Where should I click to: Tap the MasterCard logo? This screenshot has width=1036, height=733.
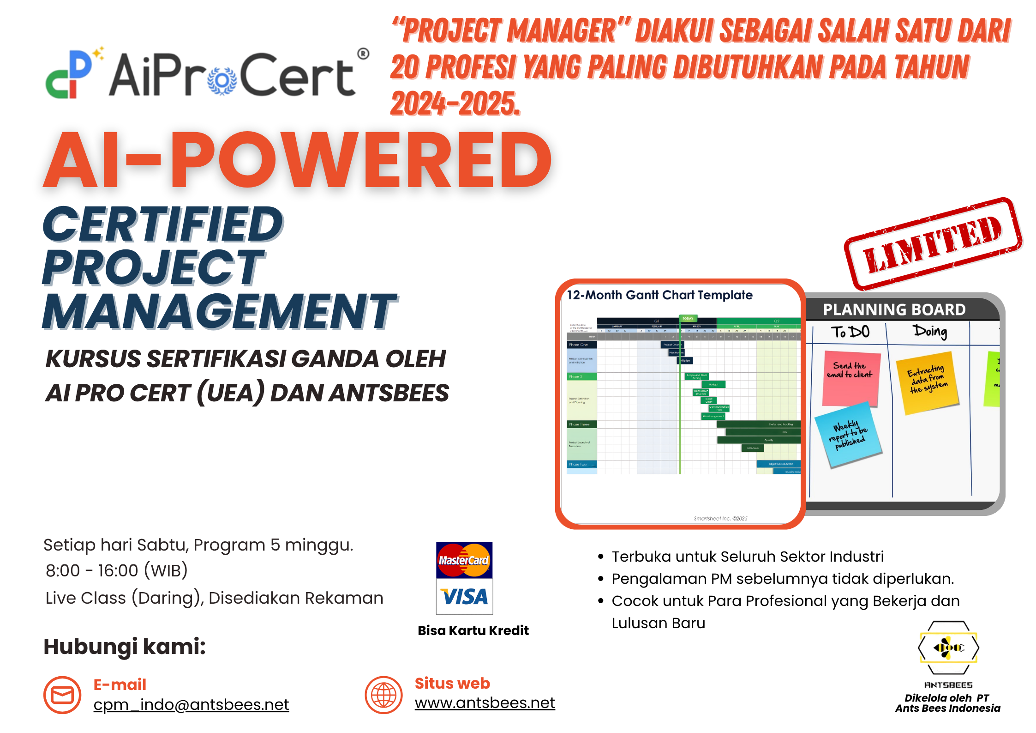point(464,560)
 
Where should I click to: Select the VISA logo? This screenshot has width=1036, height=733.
point(464,597)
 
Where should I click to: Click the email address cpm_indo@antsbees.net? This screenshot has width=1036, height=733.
point(191,704)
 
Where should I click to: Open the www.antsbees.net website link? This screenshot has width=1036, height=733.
point(485,703)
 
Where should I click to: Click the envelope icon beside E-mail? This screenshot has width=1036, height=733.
point(62,695)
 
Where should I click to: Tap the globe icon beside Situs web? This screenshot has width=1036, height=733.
point(383,695)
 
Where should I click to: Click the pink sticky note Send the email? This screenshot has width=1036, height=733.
point(850,377)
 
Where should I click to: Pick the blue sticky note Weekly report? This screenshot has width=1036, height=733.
point(848,434)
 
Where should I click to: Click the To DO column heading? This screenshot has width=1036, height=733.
point(850,332)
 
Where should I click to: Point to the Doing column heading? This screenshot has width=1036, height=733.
point(930,331)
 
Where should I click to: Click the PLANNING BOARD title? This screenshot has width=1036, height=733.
point(894,309)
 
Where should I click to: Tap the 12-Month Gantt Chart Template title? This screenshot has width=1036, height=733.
point(659,295)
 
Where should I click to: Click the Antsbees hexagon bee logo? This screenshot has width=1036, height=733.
point(948,648)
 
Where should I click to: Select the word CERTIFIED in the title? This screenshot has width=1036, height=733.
point(162,225)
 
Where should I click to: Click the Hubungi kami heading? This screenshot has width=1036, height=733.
point(125,646)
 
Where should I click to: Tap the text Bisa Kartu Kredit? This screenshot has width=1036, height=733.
point(473,630)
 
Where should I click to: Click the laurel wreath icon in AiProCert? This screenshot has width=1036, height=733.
point(222,81)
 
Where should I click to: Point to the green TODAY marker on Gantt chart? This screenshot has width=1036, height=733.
point(688,318)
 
